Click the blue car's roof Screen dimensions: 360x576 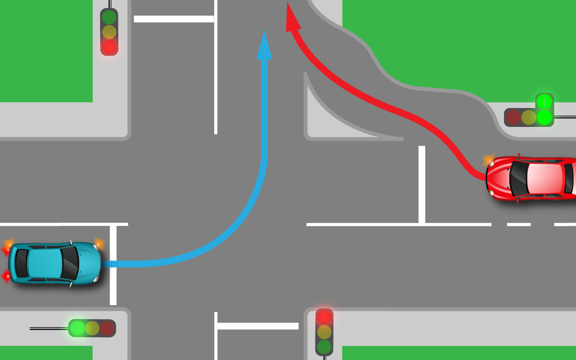click(45, 263)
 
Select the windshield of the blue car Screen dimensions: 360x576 click(70, 263)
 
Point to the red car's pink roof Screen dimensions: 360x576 click(544, 178)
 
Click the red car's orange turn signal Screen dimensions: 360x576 click(489, 160)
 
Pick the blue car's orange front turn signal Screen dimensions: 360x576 click(99, 244)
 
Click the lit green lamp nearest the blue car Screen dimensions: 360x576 click(77, 328)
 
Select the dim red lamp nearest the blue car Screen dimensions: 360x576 click(107, 328)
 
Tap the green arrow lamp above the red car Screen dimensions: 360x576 click(544, 101)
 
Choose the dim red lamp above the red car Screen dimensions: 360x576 click(513, 117)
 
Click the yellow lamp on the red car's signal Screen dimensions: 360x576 click(529, 117)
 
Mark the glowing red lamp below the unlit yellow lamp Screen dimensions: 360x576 click(109, 46)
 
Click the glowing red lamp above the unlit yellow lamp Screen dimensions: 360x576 click(324, 317)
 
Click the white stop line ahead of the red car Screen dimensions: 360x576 click(422, 184)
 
